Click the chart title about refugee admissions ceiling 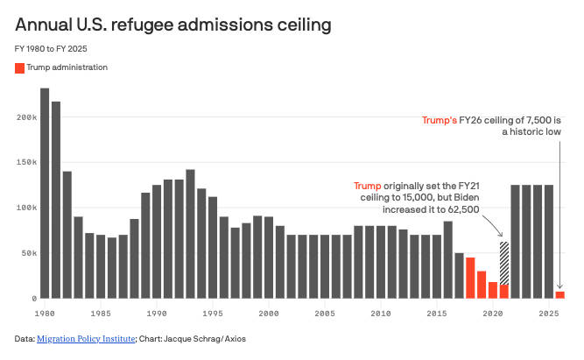(x=172, y=25)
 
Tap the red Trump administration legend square (x=20, y=67)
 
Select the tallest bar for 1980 (x=45, y=194)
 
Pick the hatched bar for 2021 (x=504, y=270)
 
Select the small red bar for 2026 (x=560, y=295)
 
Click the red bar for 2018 (x=470, y=278)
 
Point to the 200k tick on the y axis (x=25, y=117)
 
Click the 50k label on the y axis (x=28, y=253)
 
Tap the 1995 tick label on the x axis (x=213, y=313)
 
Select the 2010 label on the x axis (x=381, y=313)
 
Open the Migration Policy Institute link (x=86, y=338)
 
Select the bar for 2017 (x=459, y=276)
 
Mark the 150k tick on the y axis (x=25, y=163)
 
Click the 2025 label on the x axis (x=549, y=313)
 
